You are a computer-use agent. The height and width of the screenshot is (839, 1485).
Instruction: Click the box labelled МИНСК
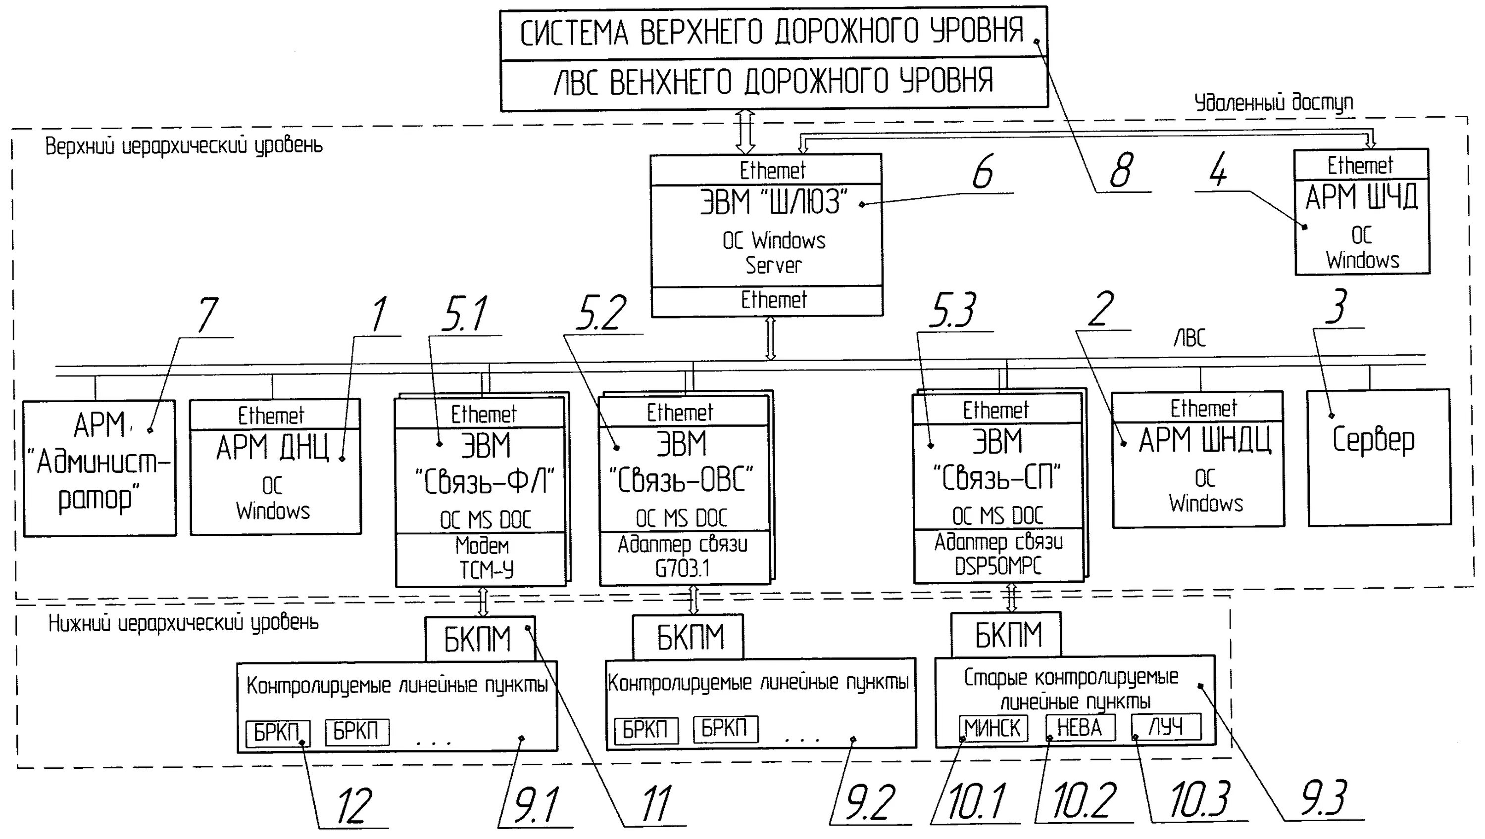point(992,728)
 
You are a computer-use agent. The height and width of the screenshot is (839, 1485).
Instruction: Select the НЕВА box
point(1080,727)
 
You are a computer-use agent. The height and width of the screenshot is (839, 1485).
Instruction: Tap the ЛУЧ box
point(1166,727)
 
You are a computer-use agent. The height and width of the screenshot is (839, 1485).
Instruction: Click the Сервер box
point(1379,458)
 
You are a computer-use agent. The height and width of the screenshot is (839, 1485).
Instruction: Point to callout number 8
point(1121,171)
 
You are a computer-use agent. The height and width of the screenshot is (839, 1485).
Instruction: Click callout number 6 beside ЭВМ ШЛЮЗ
point(984,171)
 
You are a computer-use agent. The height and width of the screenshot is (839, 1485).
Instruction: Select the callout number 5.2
point(601,313)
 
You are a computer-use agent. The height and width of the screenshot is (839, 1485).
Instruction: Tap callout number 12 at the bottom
point(354,807)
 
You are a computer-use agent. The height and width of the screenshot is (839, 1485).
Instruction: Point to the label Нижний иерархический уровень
point(183,623)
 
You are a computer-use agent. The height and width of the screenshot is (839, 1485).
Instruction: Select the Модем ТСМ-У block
point(481,559)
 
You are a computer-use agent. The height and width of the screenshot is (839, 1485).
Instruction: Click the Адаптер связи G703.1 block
point(683,556)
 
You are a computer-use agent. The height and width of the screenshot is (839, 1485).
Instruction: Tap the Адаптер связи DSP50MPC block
point(998,554)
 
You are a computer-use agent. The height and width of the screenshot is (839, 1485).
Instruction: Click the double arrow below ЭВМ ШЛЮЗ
point(770,339)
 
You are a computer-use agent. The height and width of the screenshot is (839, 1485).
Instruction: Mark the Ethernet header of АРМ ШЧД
point(1360,165)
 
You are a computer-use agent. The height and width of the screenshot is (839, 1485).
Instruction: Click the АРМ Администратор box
point(99,468)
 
